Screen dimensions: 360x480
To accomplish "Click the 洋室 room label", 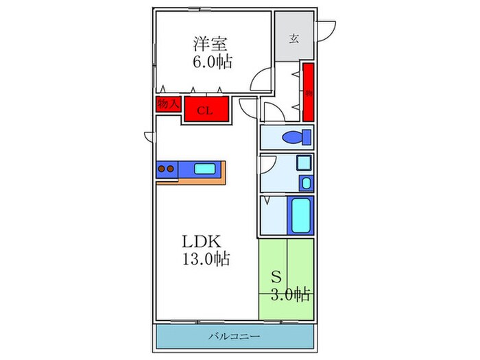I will [211, 42].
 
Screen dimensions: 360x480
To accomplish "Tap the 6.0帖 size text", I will [211, 61].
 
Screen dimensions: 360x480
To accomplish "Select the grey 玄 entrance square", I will [293, 39].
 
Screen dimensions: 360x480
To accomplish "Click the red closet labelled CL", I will [204, 110].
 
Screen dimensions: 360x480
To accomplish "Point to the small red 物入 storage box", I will [167, 104].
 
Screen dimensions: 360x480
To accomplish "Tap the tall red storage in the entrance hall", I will [309, 91].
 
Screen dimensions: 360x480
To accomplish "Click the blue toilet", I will [296, 137].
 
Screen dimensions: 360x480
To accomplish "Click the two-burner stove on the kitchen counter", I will [167, 168].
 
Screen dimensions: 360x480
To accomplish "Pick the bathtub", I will [302, 215].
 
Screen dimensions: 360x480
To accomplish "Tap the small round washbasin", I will [305, 182].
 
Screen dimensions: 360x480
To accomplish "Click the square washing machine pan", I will [303, 163].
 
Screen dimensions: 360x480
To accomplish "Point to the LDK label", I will [200, 242].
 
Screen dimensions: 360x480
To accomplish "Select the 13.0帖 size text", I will [206, 261].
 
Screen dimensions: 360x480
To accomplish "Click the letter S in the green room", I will [277, 278].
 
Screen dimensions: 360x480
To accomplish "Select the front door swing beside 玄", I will [326, 28].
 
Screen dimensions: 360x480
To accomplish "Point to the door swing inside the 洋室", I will [261, 82].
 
